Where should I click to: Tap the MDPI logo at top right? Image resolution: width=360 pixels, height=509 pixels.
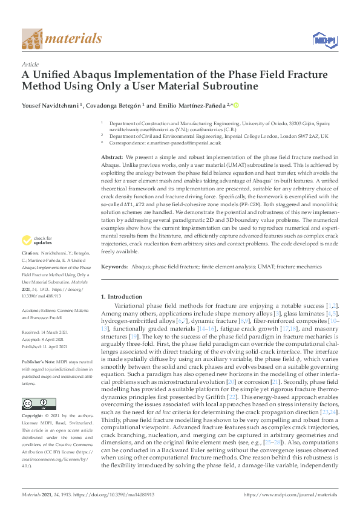pyautogui.click(x=324, y=39)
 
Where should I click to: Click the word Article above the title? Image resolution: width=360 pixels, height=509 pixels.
pyautogui.click(x=30, y=64)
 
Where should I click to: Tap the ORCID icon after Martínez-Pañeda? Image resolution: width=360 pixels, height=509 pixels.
pyautogui.click(x=236, y=105)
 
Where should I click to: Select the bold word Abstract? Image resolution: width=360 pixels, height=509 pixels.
pyautogui.click(x=113, y=157)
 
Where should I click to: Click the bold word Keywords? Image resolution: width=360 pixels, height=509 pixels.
pyautogui.click(x=114, y=267)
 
